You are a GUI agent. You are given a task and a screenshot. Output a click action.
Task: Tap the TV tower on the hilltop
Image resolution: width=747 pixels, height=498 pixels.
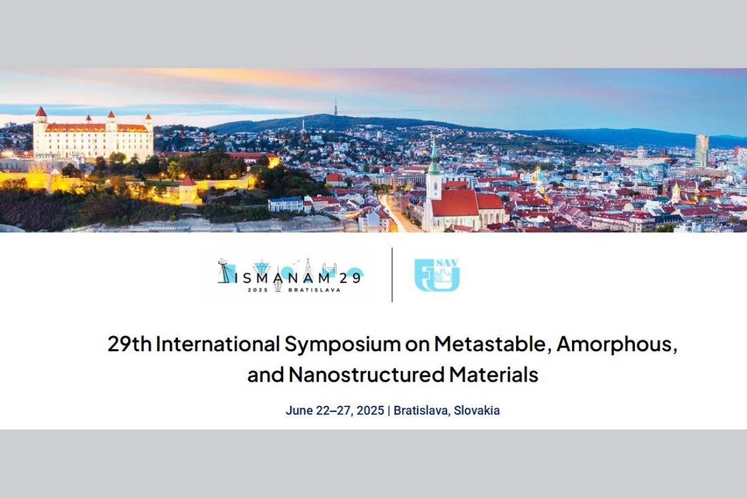tap(336, 106)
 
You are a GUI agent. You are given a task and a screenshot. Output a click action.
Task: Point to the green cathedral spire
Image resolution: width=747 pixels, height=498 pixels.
tap(434, 157)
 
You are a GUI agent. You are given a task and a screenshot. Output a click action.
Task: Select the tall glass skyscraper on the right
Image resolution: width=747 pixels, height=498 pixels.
tap(702, 151)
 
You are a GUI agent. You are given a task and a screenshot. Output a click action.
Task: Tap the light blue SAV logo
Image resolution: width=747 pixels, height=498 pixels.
tap(437, 276)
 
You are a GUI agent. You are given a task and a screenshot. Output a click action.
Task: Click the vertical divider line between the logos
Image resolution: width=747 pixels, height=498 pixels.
tap(392, 275)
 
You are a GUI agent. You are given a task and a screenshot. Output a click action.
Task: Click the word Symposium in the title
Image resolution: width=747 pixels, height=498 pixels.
tap(342, 345)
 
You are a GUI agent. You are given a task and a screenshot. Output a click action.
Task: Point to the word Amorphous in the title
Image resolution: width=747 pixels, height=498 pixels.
tap(617, 345)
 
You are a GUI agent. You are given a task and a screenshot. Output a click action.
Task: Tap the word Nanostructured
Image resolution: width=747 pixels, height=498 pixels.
tap(367, 374)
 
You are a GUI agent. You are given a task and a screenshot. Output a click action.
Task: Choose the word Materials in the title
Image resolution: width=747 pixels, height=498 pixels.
tap(494, 374)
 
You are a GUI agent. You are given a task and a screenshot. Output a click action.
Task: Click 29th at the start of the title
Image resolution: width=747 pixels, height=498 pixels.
tap(129, 344)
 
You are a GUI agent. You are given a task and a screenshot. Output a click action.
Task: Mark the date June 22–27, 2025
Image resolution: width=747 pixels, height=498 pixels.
tap(335, 411)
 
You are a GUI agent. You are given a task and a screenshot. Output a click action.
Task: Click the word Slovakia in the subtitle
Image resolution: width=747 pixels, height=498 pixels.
tap(477, 411)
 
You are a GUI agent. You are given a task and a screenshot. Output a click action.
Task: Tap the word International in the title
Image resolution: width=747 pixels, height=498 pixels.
tap(218, 344)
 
